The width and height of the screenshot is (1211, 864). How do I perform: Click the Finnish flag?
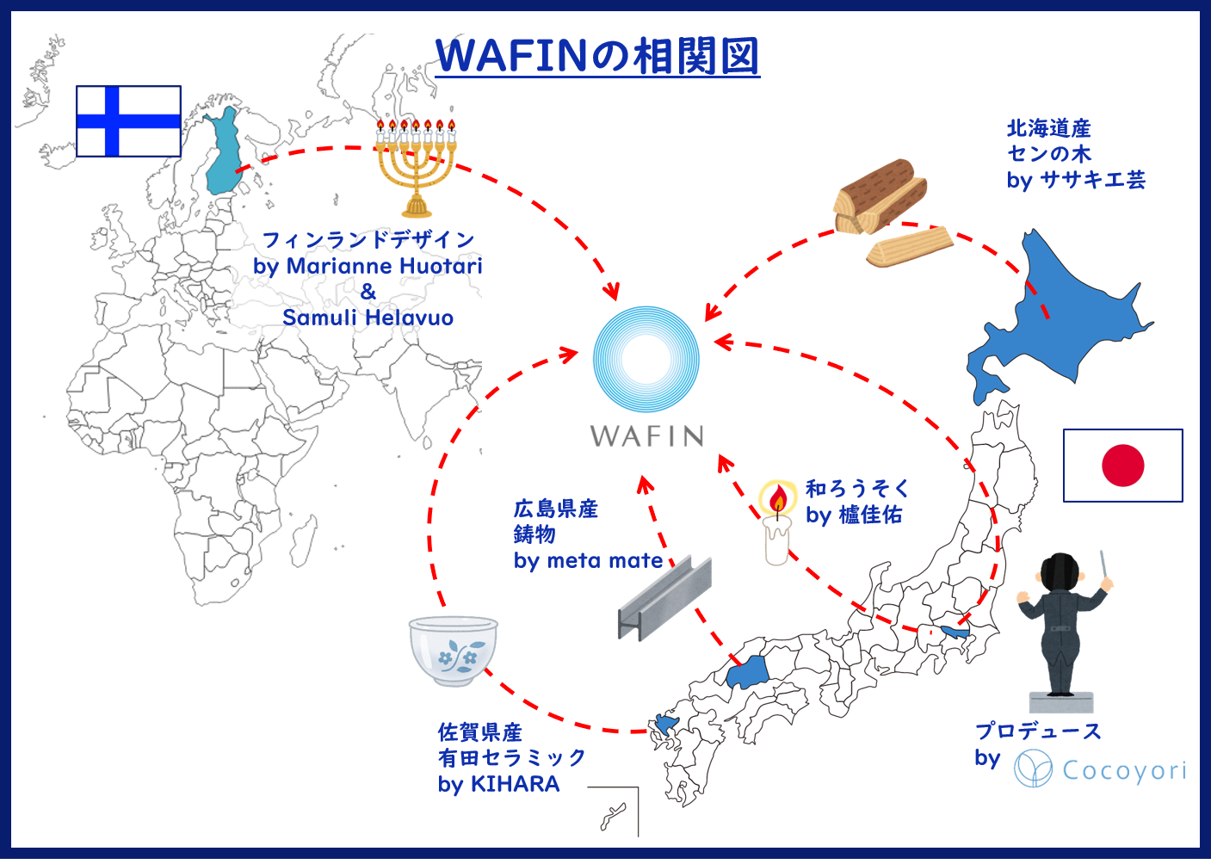[128, 121]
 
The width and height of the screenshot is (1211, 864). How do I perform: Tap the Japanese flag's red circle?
[1123, 466]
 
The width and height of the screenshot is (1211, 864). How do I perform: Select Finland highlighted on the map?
[223, 152]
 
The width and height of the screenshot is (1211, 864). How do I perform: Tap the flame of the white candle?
[777, 498]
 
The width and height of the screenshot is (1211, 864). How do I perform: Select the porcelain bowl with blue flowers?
[453, 651]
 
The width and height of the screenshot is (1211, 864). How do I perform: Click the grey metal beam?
[664, 598]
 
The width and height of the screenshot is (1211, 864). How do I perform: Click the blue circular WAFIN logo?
[646, 360]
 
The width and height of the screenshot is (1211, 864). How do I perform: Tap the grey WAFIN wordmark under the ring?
[646, 436]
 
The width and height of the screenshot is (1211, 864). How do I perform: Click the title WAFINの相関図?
[597, 56]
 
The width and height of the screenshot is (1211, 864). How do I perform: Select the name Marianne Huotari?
[384, 266]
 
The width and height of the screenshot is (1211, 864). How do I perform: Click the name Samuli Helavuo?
[368, 318]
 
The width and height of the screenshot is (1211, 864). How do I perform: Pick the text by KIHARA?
[498, 784]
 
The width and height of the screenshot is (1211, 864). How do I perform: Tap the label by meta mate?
[588, 561]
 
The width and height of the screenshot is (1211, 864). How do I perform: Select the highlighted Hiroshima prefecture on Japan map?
[747, 671]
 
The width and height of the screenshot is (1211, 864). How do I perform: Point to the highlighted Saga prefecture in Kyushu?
[666, 724]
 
